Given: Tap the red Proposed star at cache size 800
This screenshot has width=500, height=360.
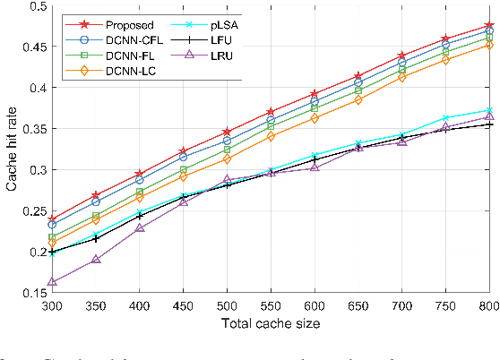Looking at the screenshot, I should coord(489,27).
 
